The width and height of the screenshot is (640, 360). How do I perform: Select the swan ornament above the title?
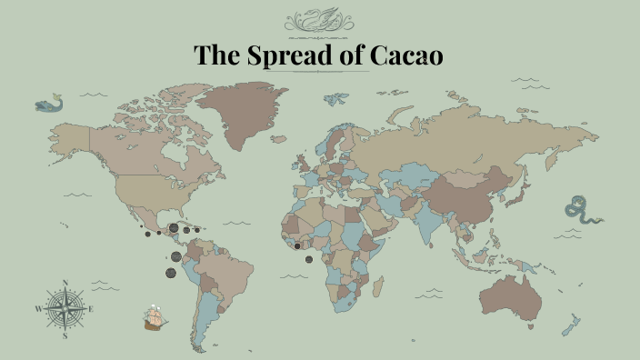(x=319, y=20)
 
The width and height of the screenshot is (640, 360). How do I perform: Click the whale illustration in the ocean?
(x=48, y=105)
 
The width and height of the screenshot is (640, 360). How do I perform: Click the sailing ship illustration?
(x=155, y=318)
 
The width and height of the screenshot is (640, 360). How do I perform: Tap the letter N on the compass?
(x=65, y=283)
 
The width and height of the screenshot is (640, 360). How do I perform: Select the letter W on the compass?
(x=38, y=310)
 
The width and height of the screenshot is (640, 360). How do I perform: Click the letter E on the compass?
(x=91, y=309)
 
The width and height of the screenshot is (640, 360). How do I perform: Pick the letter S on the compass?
(x=65, y=335)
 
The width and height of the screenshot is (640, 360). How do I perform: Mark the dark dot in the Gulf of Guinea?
(x=309, y=259)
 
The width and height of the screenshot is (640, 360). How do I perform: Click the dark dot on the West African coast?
(x=296, y=245)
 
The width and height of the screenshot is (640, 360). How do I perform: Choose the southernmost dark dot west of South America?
(x=169, y=274)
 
